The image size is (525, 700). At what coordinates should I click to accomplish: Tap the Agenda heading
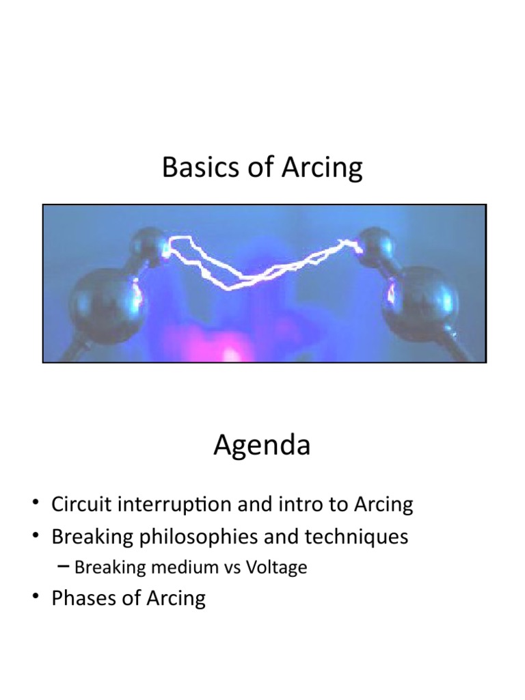point(262,446)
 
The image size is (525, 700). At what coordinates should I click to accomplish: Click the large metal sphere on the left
point(106,304)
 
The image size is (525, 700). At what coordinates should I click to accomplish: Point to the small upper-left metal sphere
point(150,246)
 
